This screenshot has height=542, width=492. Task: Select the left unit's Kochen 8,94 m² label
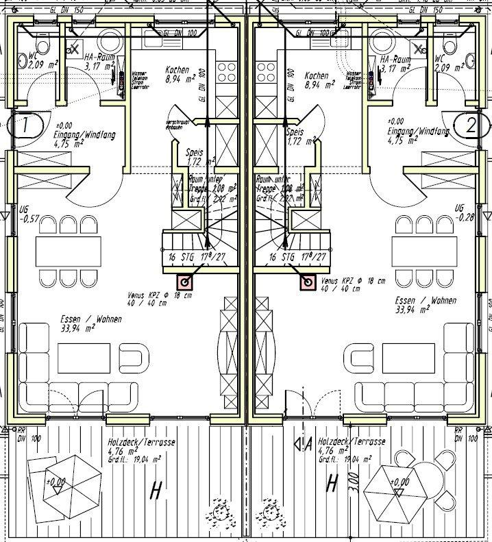coord(181,79)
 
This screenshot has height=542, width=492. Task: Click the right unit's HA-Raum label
coord(396,64)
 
